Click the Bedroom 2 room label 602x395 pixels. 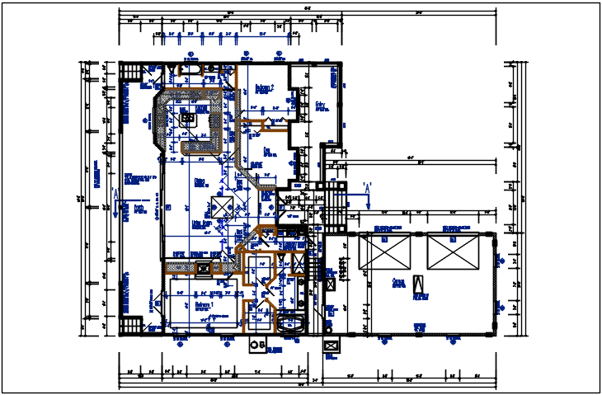263,87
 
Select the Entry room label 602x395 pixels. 320,105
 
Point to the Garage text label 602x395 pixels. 399,282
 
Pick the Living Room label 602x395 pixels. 202,223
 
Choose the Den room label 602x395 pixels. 267,152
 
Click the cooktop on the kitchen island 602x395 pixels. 188,118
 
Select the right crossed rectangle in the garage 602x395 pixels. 453,251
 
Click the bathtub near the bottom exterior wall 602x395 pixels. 291,322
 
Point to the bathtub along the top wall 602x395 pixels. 192,68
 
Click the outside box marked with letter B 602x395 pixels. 258,344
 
